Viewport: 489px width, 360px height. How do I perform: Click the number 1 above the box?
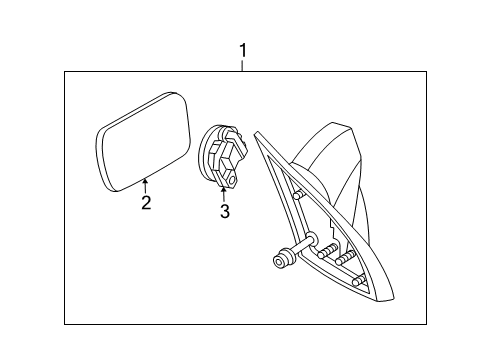coord(241,49)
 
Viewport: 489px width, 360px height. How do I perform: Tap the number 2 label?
coord(146,204)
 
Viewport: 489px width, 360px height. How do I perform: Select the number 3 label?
coord(225,211)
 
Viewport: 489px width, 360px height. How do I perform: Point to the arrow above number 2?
coord(146,183)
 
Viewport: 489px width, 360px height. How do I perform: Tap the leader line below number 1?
coord(241,65)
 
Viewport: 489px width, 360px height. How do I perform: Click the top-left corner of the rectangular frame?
coord(66,71)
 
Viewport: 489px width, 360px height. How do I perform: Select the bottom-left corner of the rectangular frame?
coord(66,324)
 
